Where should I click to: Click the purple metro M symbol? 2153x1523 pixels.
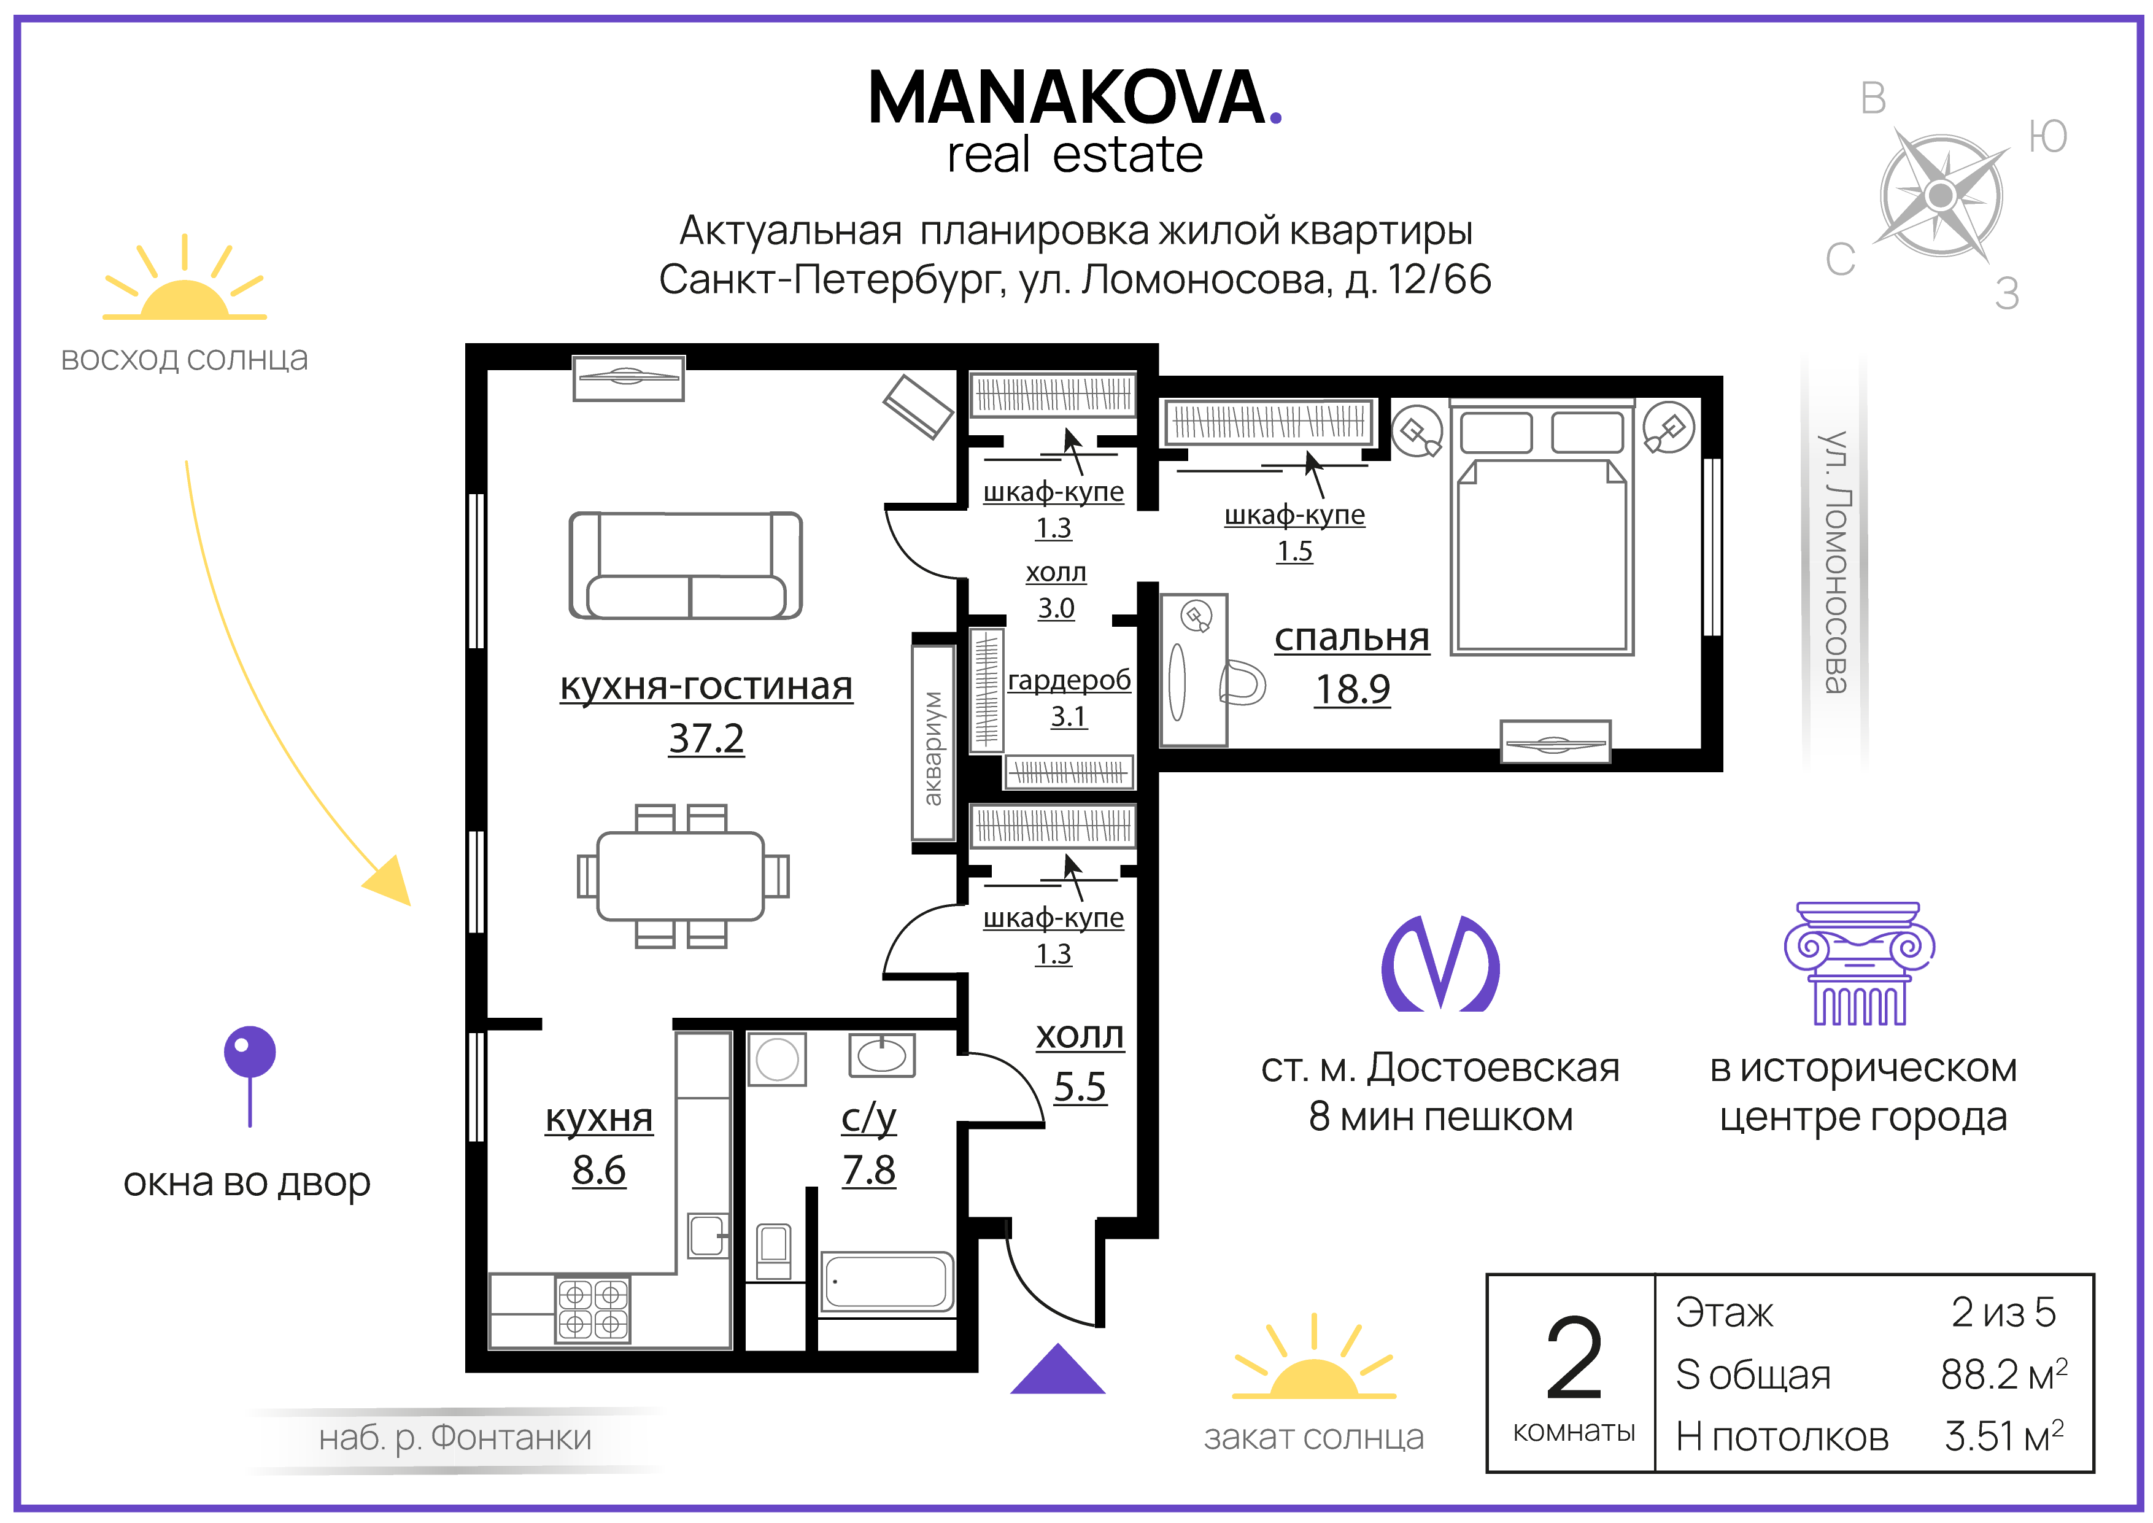point(1440,963)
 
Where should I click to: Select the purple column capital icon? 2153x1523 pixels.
point(1858,963)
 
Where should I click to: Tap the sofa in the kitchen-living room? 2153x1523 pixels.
point(686,565)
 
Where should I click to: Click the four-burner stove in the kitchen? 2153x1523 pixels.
point(593,1309)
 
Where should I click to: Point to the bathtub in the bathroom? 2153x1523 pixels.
point(887,1281)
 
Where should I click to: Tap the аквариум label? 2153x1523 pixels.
point(932,748)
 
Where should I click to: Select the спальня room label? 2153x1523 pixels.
point(1352,638)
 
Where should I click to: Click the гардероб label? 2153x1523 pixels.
point(1069,680)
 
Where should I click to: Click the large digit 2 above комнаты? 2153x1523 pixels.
point(1574,1357)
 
